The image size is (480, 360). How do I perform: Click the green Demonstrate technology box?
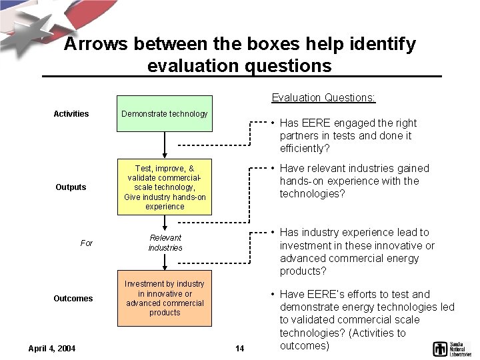(x=165, y=113)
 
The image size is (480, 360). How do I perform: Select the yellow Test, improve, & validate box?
(x=165, y=187)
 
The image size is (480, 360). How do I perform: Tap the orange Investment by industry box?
(x=165, y=298)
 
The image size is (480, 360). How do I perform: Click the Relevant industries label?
(x=165, y=243)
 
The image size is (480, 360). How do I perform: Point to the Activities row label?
(x=71, y=114)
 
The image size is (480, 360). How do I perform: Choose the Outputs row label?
(x=71, y=187)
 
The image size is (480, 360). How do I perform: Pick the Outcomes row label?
(x=73, y=299)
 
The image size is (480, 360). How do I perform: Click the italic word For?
(x=87, y=243)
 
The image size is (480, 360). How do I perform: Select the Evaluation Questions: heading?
(x=323, y=98)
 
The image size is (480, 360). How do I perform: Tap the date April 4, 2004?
(x=52, y=348)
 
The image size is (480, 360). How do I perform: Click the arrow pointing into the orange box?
(x=165, y=262)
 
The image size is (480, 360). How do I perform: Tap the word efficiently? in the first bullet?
(x=305, y=149)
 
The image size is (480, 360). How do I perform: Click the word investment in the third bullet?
(x=307, y=245)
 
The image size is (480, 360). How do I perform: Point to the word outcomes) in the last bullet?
(x=305, y=346)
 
